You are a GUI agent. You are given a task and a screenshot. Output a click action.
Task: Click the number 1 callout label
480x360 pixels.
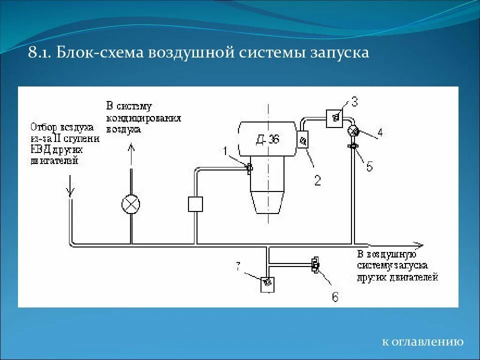(225, 150)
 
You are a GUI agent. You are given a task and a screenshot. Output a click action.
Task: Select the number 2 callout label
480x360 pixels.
(317, 180)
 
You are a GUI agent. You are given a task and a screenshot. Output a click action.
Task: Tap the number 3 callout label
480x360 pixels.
(354, 102)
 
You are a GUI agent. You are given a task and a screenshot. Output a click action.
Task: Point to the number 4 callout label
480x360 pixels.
(380, 133)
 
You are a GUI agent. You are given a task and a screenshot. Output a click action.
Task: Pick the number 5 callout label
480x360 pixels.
(369, 167)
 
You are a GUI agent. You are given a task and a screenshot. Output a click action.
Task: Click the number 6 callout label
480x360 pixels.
(334, 297)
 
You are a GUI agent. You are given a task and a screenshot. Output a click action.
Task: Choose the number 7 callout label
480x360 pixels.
(238, 268)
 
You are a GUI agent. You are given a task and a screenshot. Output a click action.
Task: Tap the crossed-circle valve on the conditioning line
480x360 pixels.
(131, 204)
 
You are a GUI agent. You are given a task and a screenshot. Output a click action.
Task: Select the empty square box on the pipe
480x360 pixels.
(194, 204)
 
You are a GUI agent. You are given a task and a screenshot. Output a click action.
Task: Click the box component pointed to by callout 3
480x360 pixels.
(334, 118)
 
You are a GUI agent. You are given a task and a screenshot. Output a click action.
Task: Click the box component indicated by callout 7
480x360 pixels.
(267, 283)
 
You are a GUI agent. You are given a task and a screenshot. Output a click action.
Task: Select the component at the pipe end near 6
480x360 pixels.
(315, 264)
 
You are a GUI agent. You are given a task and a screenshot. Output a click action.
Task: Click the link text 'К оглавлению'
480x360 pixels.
(422, 342)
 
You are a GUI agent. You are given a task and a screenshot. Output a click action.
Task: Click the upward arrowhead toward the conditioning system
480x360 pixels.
(131, 147)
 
